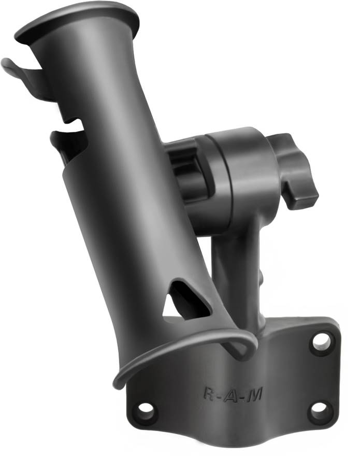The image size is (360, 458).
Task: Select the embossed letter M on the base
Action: pyautogui.click(x=254, y=395)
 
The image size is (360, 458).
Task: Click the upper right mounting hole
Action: pyautogui.click(x=321, y=340)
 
